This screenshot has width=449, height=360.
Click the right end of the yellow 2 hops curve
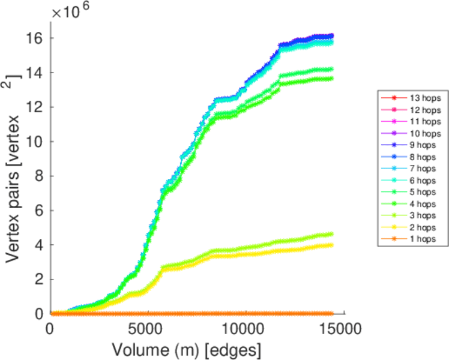pyautogui.click(x=331, y=245)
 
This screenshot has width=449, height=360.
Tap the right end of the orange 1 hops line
pyautogui.click(x=331, y=313)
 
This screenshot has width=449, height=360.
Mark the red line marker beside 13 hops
pyautogui.click(x=393, y=98)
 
